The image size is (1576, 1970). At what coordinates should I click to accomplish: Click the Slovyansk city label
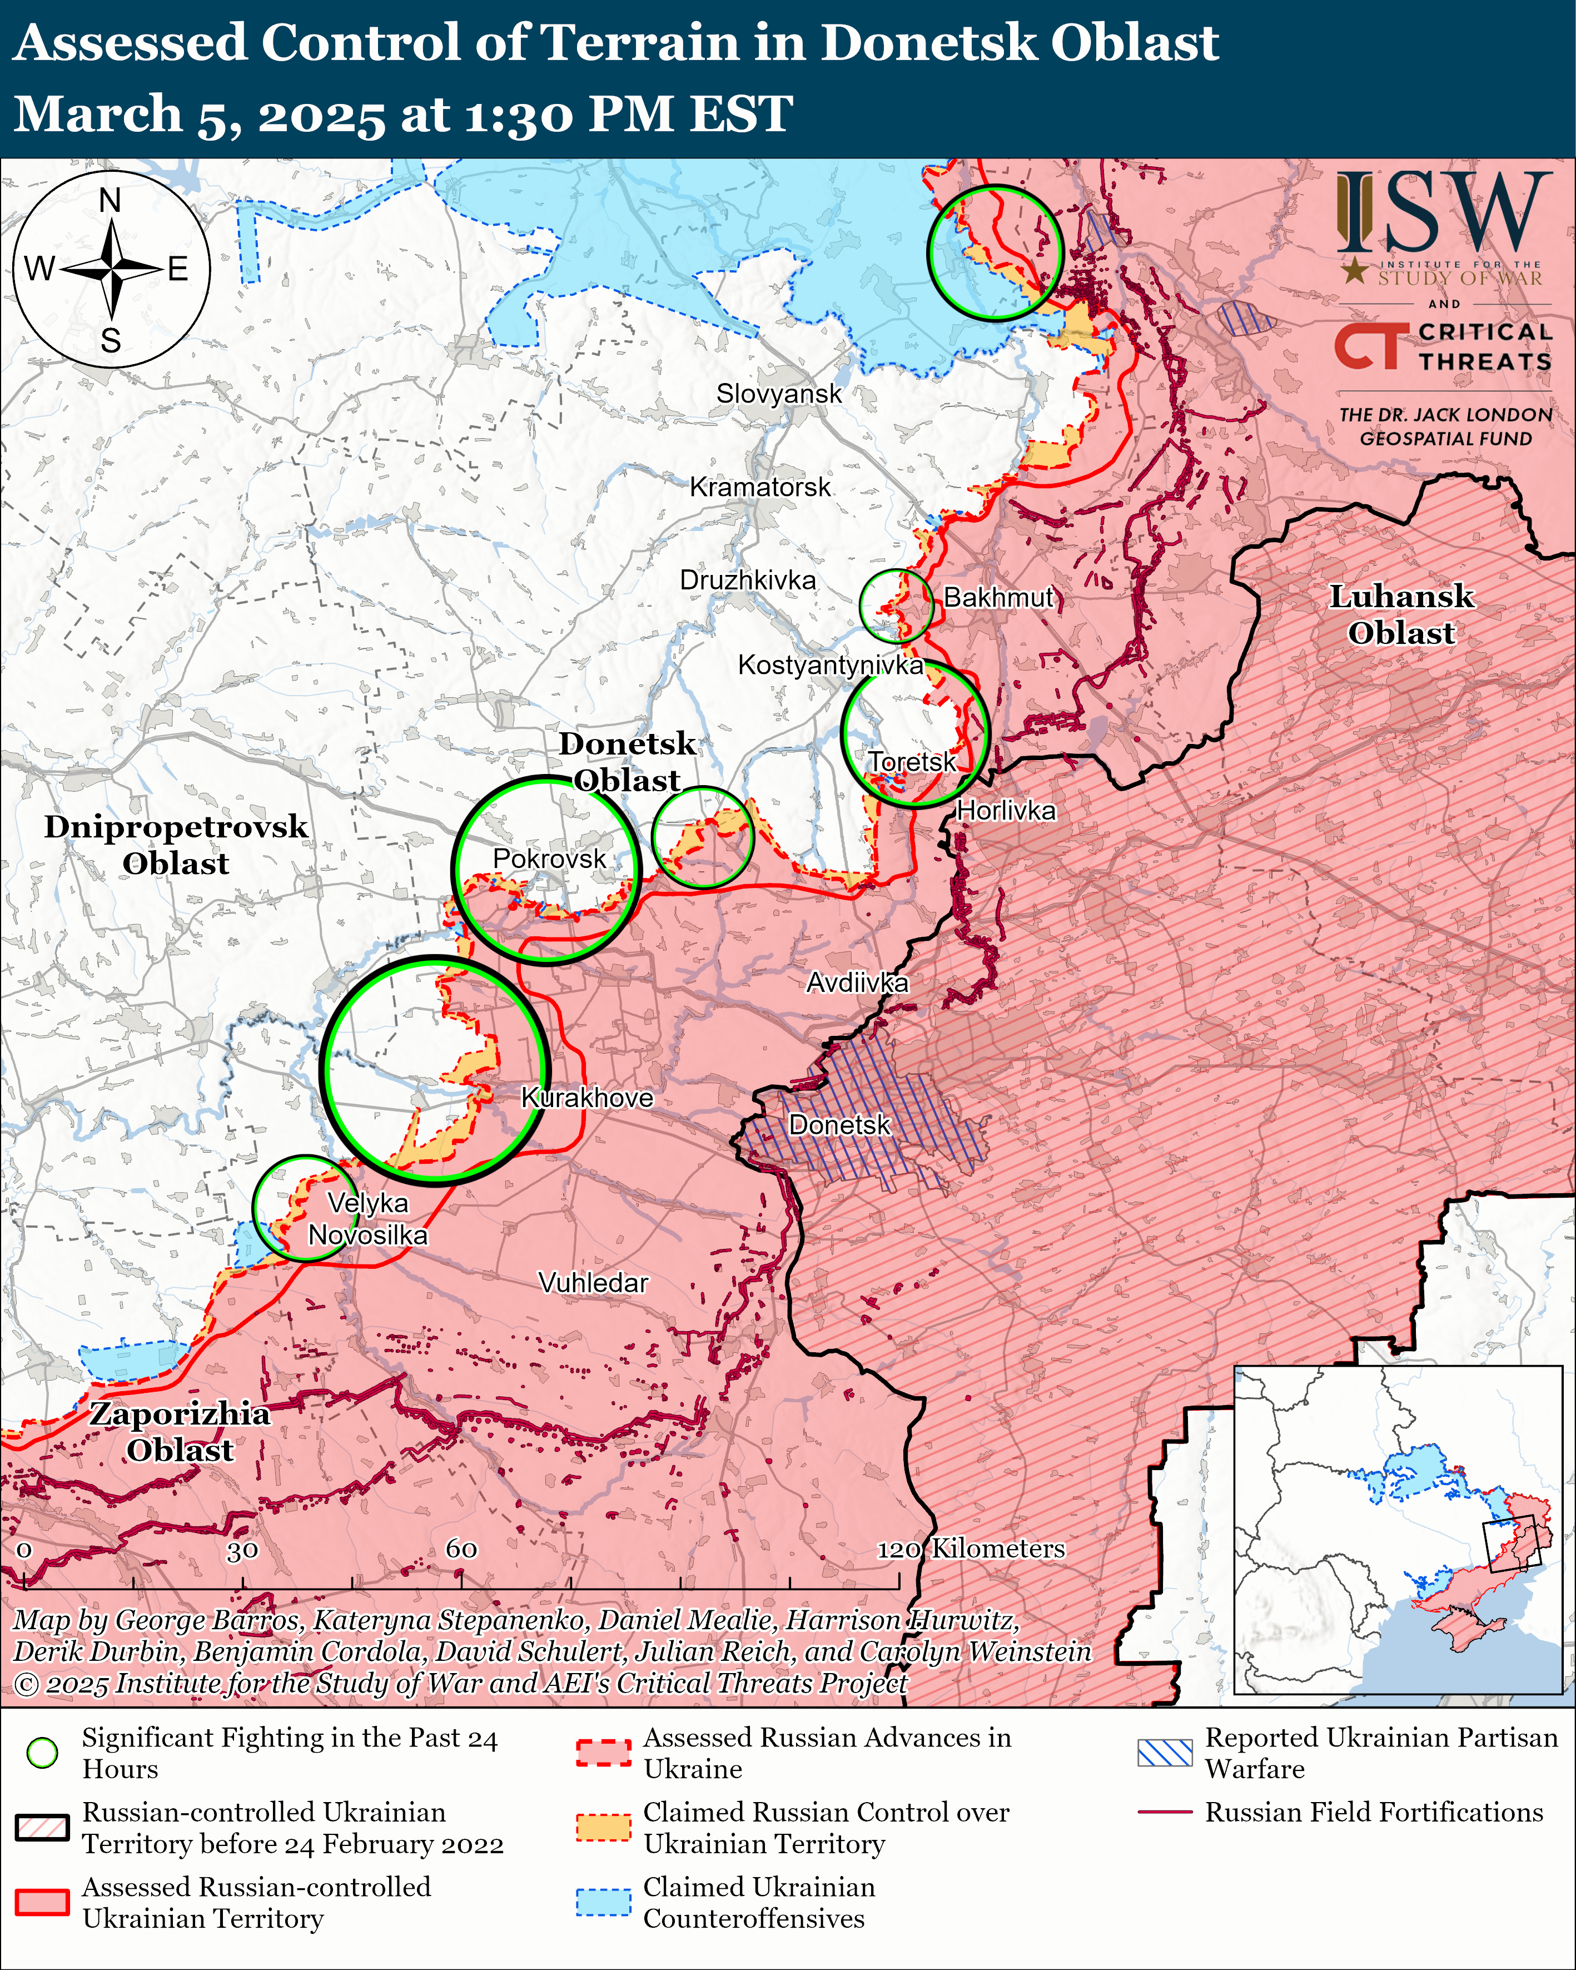778,394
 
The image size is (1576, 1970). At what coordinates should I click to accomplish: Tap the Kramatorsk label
759,487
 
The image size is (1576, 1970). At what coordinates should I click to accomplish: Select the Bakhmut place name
998,598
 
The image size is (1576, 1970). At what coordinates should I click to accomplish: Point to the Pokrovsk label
549,859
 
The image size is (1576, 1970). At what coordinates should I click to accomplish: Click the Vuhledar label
593,1283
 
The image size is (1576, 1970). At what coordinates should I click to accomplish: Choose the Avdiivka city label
857,983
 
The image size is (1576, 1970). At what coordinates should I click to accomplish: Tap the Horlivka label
1006,811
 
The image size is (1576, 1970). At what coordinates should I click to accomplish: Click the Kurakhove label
586,1098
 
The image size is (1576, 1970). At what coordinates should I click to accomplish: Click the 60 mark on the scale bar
461,1549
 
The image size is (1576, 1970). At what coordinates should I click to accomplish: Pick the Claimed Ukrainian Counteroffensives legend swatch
603,1902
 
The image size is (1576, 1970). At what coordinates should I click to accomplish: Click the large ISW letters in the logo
1444,213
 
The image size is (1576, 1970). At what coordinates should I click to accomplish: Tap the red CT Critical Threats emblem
1367,347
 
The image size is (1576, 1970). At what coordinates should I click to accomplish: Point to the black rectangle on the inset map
1510,1544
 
